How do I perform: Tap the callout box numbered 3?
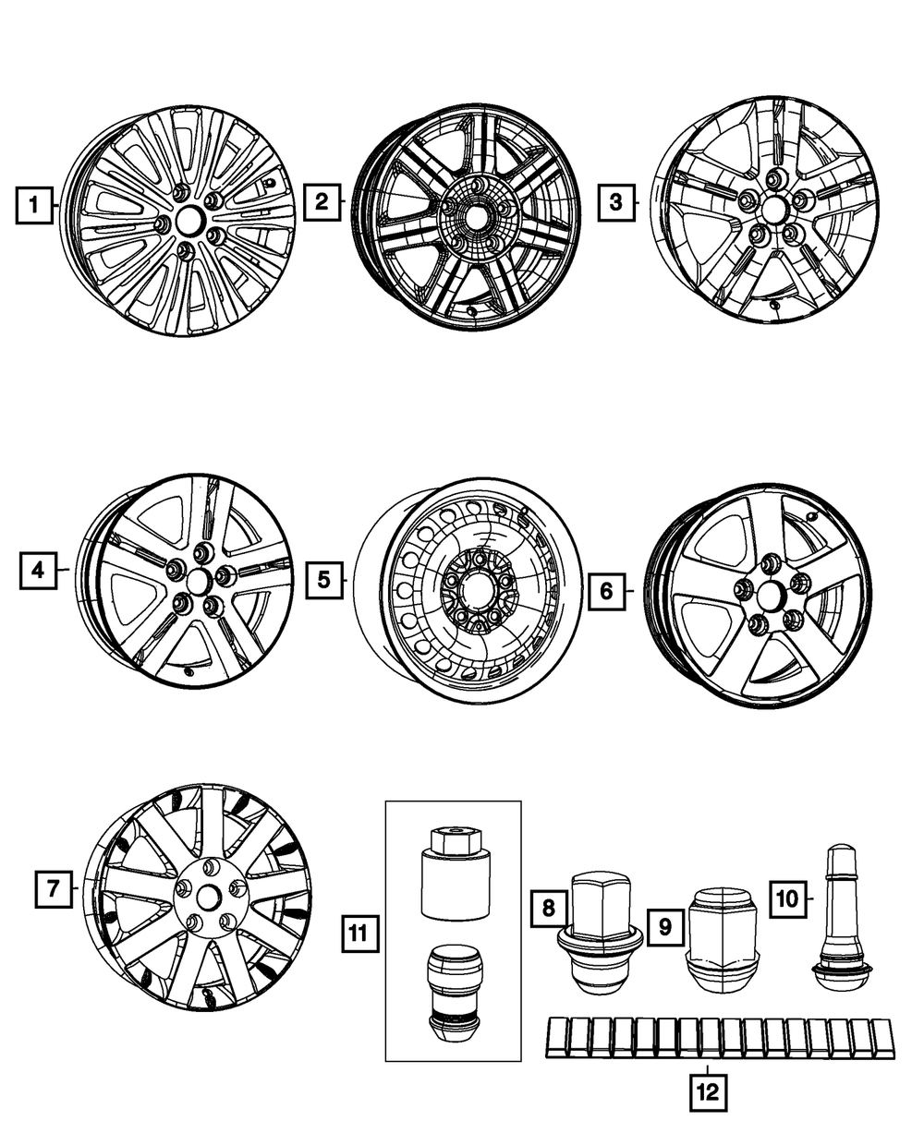click(x=615, y=201)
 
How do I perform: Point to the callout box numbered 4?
click(x=37, y=571)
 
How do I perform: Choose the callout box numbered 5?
click(x=323, y=580)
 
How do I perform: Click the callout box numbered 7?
click(x=54, y=889)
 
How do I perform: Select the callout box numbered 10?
click(x=785, y=898)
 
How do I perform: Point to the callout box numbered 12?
click(x=708, y=1093)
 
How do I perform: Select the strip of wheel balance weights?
click(x=721, y=1038)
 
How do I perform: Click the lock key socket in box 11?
click(x=452, y=874)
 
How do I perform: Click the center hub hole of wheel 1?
click(x=188, y=220)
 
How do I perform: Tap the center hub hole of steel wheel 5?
click(x=479, y=587)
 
